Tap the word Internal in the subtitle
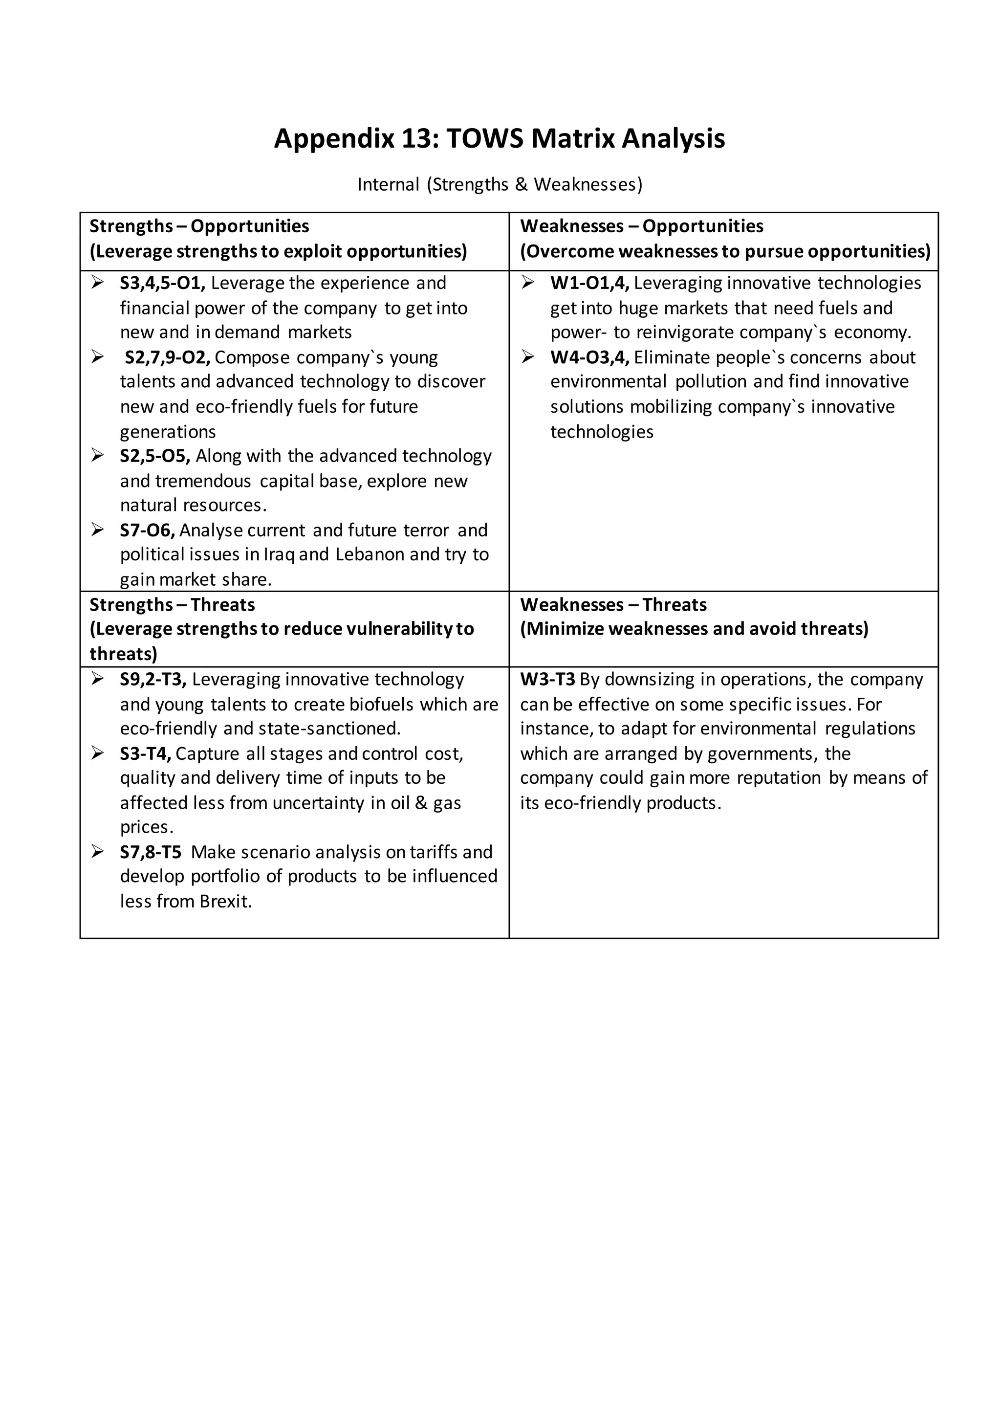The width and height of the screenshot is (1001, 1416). pos(388,184)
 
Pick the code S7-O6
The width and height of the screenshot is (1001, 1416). pos(147,531)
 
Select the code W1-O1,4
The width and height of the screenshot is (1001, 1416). pos(589,283)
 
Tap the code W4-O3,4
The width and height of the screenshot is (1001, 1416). pos(589,358)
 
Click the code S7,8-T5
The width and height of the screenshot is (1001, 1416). pos(151,852)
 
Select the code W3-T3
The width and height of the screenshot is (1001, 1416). pos(547,680)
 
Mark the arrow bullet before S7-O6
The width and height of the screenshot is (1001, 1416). pos(97,530)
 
